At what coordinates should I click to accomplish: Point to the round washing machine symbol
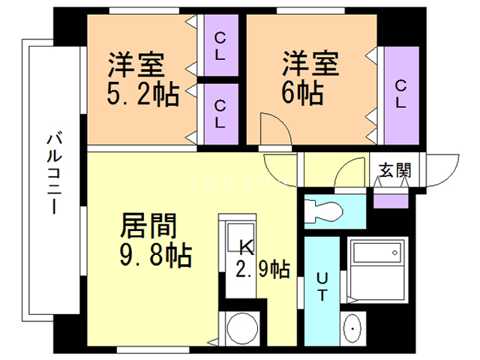(x=244, y=327)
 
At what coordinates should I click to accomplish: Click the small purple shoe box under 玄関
(x=390, y=199)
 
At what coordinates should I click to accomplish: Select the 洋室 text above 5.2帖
(x=135, y=63)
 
